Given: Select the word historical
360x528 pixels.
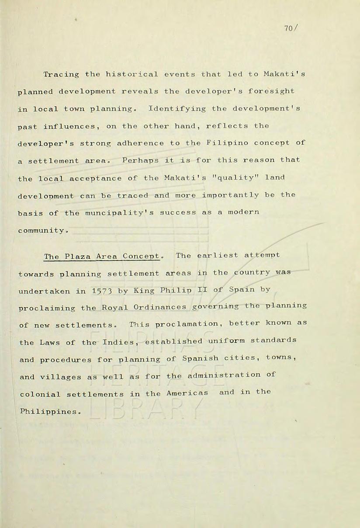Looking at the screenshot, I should click(132, 74).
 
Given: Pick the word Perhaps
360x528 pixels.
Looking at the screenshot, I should click(140, 160).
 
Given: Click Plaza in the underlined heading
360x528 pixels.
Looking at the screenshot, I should click(78, 257).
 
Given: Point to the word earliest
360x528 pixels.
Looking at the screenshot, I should click(218, 256).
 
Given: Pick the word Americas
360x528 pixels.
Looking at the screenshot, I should click(187, 393).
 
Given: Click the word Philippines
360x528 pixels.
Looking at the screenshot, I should click(49, 411).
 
